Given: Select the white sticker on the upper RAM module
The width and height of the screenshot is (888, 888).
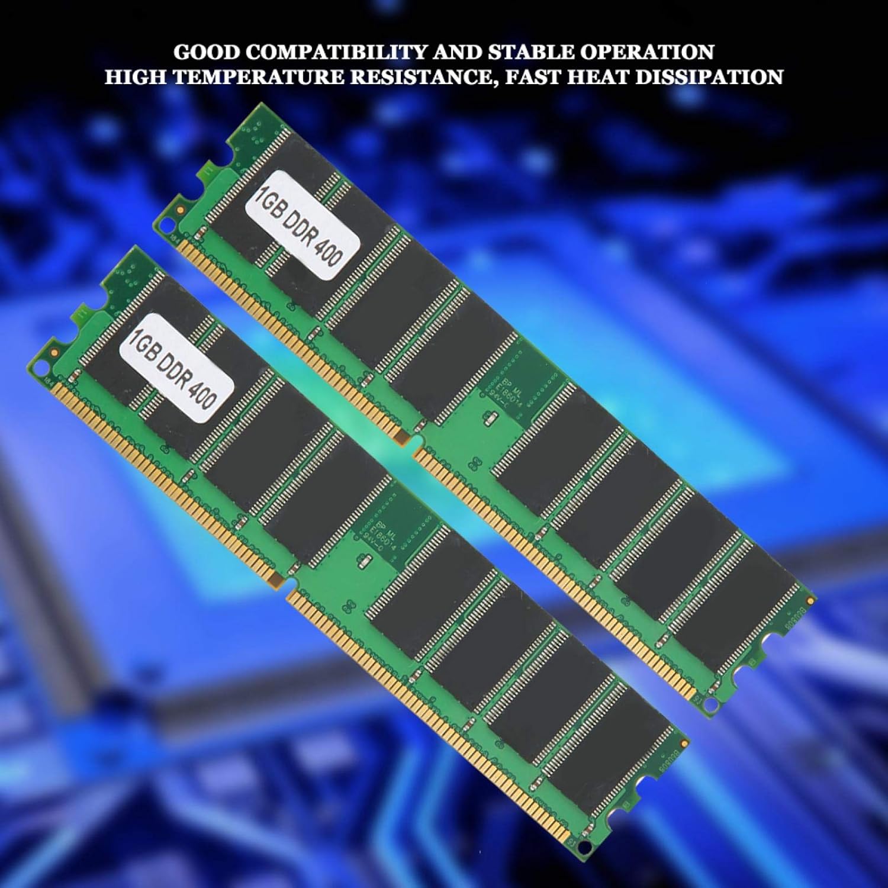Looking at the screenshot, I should tap(303, 226).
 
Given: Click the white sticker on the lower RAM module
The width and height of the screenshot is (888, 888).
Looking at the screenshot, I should tap(176, 368).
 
